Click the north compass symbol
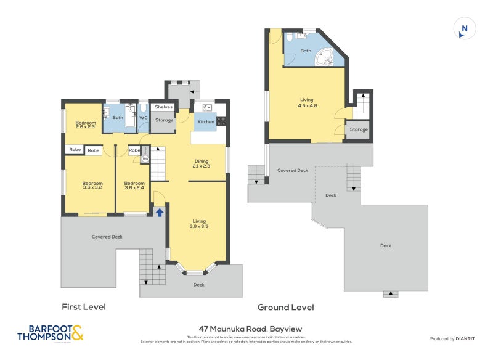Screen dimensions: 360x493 coord(464,29)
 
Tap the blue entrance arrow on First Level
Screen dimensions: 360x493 coord(160,212)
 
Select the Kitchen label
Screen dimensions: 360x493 coord(206,121)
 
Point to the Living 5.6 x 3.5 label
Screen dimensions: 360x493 coord(199,223)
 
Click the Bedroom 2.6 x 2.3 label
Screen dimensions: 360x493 coord(86,125)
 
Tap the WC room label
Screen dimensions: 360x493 coord(142,117)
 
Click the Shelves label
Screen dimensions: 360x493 coord(163,107)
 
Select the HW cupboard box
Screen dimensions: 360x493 coord(145,158)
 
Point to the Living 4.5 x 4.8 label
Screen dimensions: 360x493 coord(307,102)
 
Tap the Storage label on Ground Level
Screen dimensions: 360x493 coord(359,129)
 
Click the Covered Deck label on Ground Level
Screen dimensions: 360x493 coord(292,170)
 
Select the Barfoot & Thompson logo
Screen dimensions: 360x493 coord(49,333)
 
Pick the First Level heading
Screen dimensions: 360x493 coord(84,307)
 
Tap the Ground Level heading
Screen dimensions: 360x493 coord(285,307)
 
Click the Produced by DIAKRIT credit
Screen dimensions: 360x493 coord(455,338)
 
